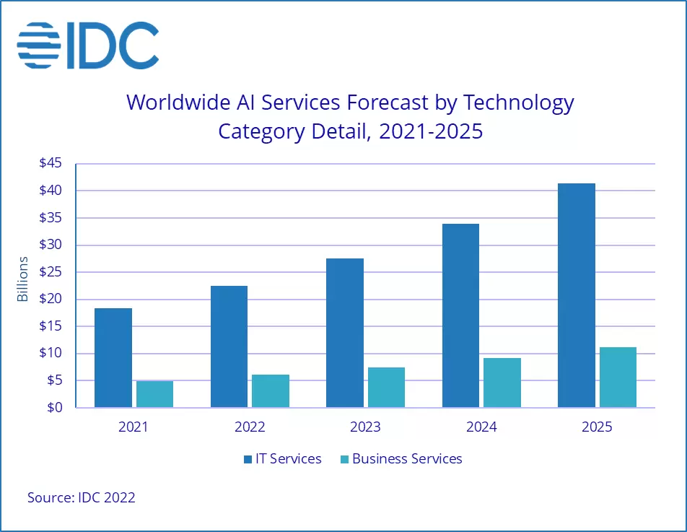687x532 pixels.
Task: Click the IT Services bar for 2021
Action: pyautogui.click(x=113, y=358)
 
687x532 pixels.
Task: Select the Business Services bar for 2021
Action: pyautogui.click(x=155, y=394)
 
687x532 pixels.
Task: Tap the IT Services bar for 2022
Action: pyautogui.click(x=229, y=346)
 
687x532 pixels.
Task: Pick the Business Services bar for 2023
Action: pyautogui.click(x=386, y=388)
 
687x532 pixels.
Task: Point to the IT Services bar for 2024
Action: pyautogui.click(x=460, y=315)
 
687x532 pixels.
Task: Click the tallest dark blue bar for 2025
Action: pyautogui.click(x=576, y=295)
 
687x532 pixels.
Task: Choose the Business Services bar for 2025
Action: pyautogui.click(x=618, y=378)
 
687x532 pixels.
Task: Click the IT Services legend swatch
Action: pyautogui.click(x=248, y=459)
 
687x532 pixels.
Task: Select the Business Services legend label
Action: pyautogui.click(x=407, y=459)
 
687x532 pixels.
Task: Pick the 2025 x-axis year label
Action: pyautogui.click(x=596, y=427)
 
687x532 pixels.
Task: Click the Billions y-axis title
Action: pyautogui.click(x=23, y=279)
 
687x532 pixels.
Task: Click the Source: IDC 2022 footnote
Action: pyautogui.click(x=82, y=497)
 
